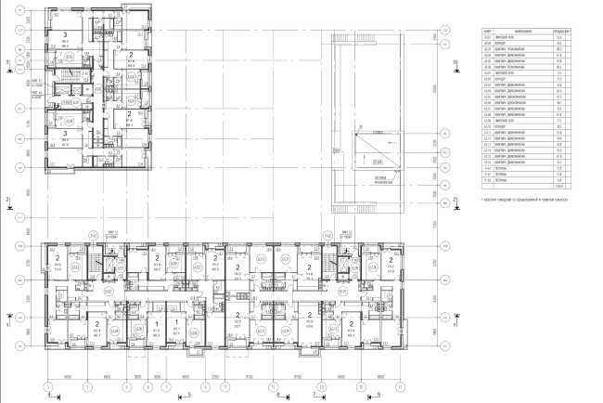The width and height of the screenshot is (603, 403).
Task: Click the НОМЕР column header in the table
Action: coord(486,30)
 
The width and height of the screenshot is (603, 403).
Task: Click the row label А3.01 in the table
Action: coord(486,36)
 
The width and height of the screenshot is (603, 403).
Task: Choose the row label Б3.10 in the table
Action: coord(486,126)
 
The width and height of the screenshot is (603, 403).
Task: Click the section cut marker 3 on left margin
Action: coord(8,63)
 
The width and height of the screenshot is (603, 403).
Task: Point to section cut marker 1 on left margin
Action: coord(8,318)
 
